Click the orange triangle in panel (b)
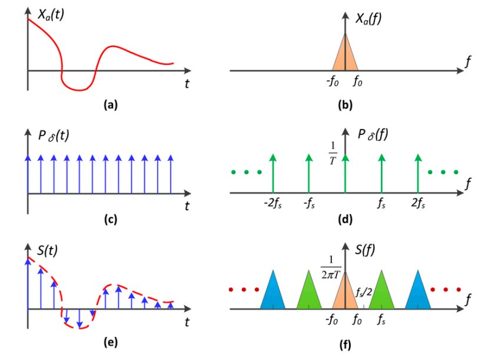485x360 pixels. tap(345, 56)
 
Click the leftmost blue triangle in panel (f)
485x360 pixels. tap(273, 292)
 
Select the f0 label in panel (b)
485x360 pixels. tap(358, 82)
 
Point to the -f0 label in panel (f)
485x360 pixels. tap(332, 322)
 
